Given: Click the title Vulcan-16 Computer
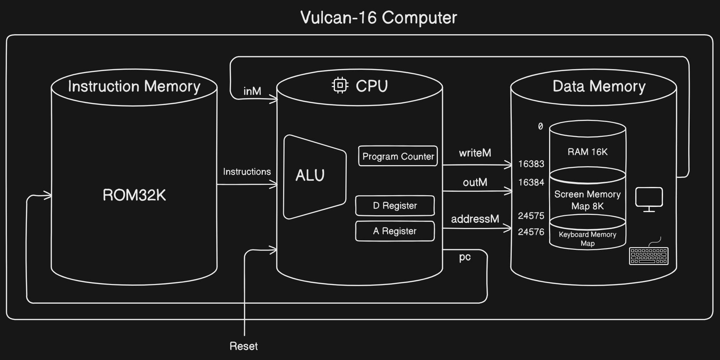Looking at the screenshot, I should point(378,17).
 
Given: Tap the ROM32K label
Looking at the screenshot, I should point(134,195).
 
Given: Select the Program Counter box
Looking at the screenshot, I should point(398,156).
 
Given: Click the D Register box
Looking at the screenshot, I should point(395,206).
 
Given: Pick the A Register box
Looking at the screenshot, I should point(395,231).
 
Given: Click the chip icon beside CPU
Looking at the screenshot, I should point(340,85).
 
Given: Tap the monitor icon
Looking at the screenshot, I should point(649,199).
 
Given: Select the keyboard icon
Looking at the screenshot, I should point(649,255).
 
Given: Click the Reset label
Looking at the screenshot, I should point(243,346).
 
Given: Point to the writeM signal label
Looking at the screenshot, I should point(475,153).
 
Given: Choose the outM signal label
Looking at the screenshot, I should point(475,182).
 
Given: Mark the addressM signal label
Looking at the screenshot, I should point(475,219).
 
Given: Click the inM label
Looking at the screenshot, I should point(252,91).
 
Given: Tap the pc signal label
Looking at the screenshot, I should point(465,257).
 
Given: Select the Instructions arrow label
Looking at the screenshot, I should point(247,172).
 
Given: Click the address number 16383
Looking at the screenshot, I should point(531,164).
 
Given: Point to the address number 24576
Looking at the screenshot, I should point(531,232).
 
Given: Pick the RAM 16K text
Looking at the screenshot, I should point(587,152).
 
